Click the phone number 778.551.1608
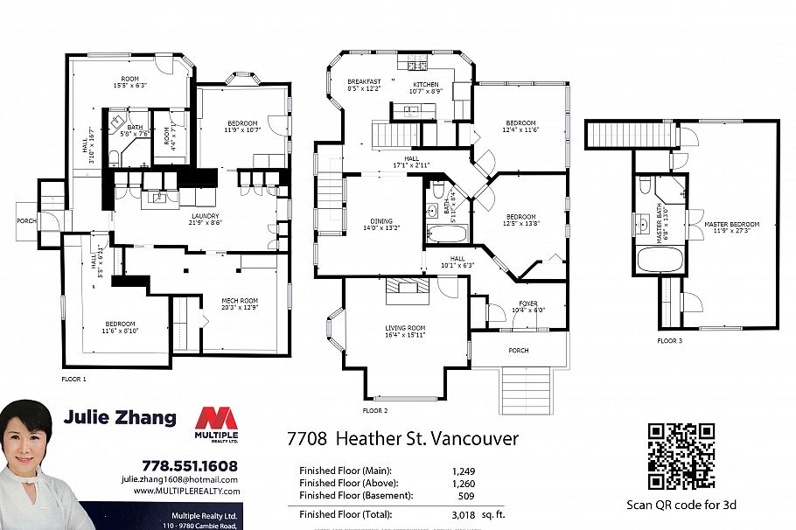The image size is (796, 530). pyautogui.click(x=189, y=466)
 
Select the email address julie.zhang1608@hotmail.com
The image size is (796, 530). pyautogui.click(x=179, y=479)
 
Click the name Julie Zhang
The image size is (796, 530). pyautogui.click(x=120, y=418)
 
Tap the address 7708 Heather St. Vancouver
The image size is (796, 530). pyautogui.click(x=403, y=438)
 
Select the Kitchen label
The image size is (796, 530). pyautogui.click(x=425, y=85)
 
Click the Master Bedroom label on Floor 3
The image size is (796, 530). pyautogui.click(x=731, y=225)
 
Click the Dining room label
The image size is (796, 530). pyautogui.click(x=381, y=221)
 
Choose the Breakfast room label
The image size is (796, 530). pyautogui.click(x=363, y=80)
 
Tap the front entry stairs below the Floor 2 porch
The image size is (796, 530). pyautogui.click(x=525, y=389)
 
